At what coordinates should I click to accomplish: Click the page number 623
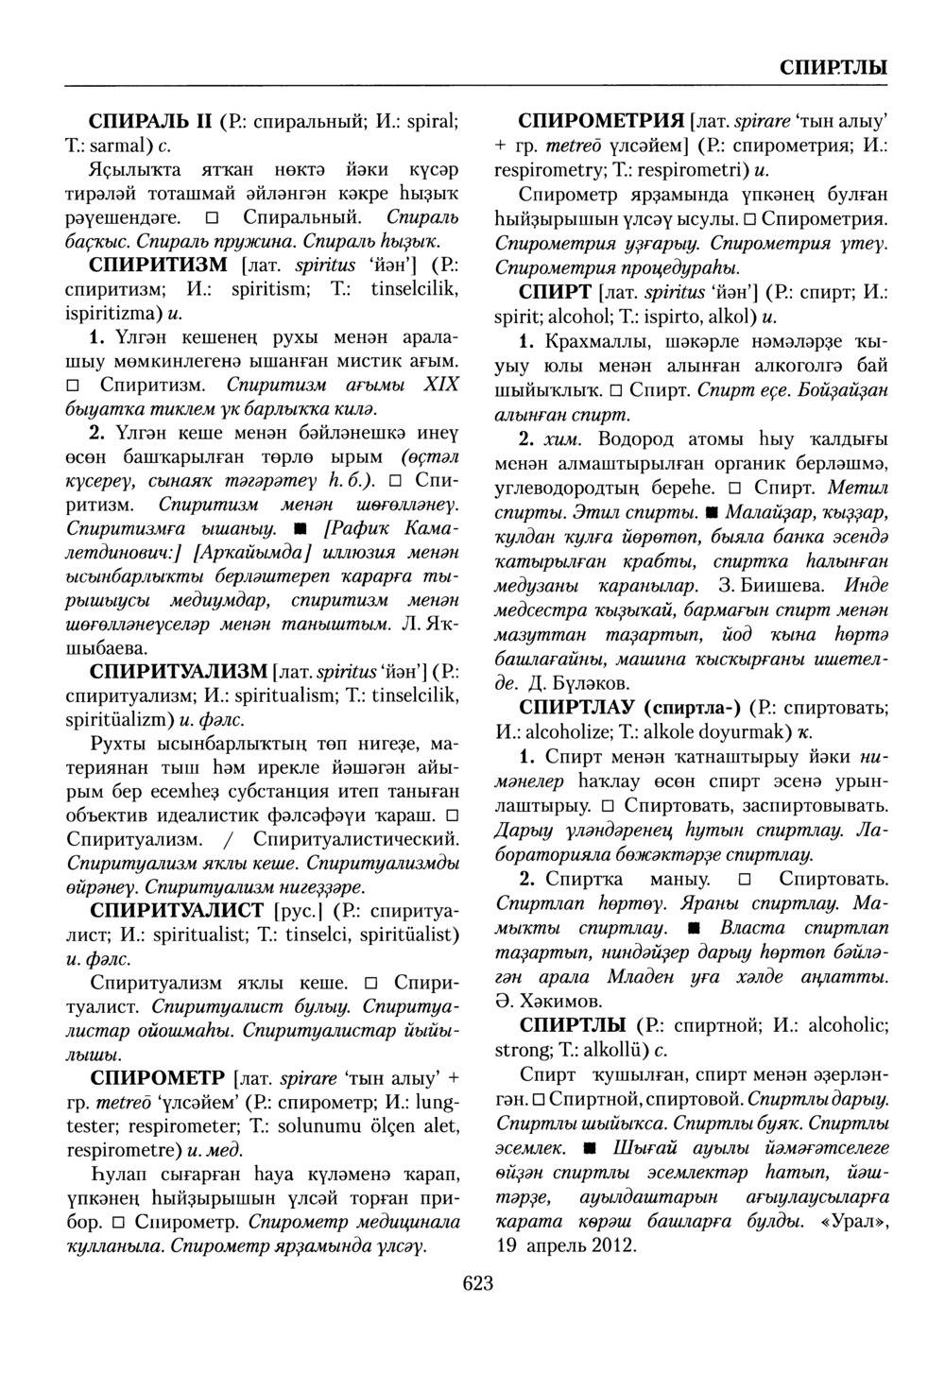tap(478, 1282)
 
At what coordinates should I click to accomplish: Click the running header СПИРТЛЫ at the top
tap(833, 68)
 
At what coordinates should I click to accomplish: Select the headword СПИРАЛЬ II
tap(150, 121)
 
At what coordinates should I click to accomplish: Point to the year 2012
tap(613, 1244)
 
